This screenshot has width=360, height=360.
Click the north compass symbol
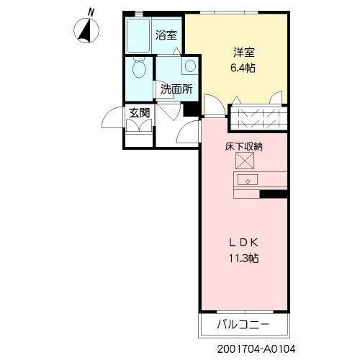tap(86, 30)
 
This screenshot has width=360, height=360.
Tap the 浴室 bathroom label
tap(166, 35)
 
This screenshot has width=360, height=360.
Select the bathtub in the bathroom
tap(138, 35)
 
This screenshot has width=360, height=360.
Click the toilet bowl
tap(139, 67)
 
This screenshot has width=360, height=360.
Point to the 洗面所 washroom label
tap(176, 89)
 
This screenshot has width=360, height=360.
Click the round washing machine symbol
tap(190, 66)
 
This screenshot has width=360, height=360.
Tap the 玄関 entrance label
tap(139, 112)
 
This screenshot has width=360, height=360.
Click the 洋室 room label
tap(244, 53)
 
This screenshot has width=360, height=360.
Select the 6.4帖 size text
tap(243, 68)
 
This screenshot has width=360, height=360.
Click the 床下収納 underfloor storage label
tap(244, 147)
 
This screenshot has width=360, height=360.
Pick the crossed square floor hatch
tap(245, 161)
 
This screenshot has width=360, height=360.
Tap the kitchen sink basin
tap(248, 180)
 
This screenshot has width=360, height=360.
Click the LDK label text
tap(244, 243)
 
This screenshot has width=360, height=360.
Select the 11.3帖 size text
tap(243, 258)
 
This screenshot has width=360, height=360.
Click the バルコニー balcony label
tap(243, 325)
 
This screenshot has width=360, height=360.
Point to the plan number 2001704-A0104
tap(256, 348)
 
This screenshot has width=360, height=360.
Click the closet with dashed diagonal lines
tap(259, 118)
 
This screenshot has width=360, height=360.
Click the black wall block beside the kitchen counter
tap(274, 194)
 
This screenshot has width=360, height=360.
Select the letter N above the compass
tap(91, 12)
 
